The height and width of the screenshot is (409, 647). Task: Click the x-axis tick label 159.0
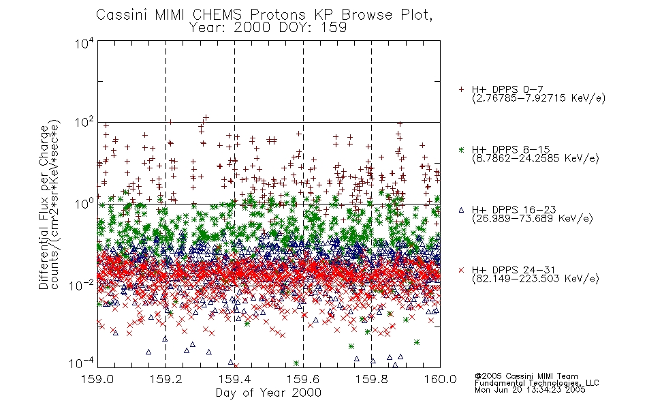click(97, 379)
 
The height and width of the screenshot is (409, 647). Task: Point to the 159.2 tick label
click(166, 379)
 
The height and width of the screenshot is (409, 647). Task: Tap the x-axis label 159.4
click(234, 379)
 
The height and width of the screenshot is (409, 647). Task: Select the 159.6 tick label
click(303, 379)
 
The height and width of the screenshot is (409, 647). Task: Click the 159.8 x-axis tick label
click(371, 379)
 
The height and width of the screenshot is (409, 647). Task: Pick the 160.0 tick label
click(440, 379)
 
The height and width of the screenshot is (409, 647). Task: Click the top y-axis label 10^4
click(84, 44)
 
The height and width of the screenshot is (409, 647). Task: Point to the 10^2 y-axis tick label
click(84, 123)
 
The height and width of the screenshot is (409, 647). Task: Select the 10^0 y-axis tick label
click(84, 204)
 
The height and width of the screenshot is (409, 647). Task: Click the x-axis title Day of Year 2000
click(268, 393)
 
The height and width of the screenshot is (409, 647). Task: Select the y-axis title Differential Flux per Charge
click(44, 207)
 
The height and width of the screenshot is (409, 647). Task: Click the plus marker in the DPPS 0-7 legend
click(461, 89)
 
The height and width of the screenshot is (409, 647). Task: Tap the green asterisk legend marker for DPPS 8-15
click(461, 150)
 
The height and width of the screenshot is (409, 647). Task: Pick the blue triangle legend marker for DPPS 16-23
click(461, 210)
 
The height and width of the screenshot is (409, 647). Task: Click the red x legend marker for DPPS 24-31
click(461, 270)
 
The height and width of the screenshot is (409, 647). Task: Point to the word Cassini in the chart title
click(123, 15)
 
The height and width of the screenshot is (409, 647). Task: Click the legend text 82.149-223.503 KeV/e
click(535, 279)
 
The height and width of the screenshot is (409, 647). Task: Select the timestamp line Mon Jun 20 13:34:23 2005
click(530, 390)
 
